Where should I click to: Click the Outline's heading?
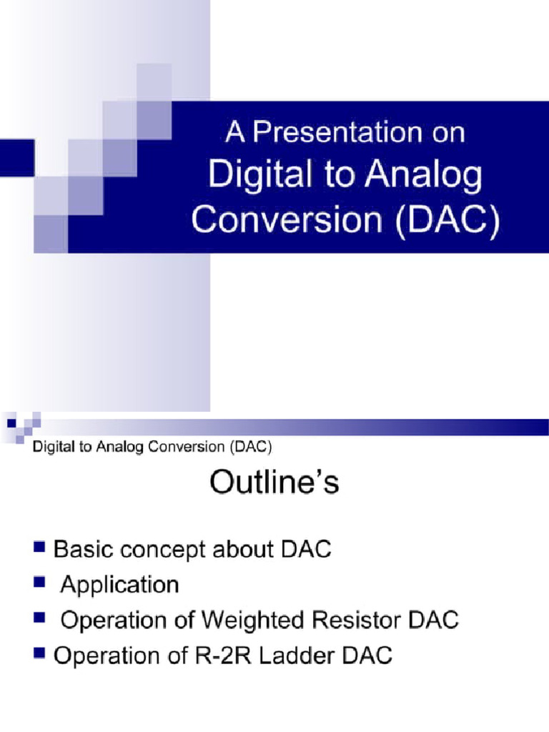274,484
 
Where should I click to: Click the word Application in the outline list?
119,585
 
